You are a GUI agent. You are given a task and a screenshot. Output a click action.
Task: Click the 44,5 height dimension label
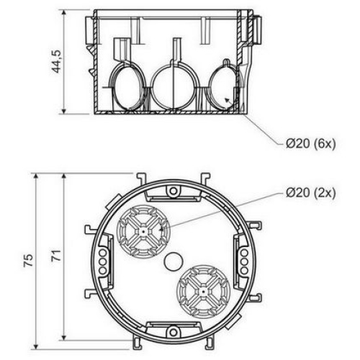pyautogui.click(x=57, y=61)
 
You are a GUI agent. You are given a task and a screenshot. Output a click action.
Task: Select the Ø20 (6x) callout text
pyautogui.click(x=310, y=144)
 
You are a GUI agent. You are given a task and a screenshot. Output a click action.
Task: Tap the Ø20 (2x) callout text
pyautogui.click(x=310, y=192)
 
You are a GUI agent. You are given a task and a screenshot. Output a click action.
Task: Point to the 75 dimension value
pyautogui.click(x=29, y=260)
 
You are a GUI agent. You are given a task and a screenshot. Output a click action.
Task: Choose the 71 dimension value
pyautogui.click(x=57, y=255)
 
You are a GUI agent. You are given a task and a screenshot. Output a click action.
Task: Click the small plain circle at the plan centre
pyautogui.click(x=174, y=261)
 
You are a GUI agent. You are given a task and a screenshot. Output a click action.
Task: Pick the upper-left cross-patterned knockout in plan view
pyautogui.click(x=143, y=232)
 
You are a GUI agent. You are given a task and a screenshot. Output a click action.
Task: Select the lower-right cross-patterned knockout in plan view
pyautogui.click(x=203, y=292)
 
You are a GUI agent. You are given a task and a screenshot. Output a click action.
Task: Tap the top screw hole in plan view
pyautogui.click(x=173, y=192)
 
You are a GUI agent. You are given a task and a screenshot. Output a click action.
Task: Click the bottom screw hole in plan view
pyautogui.click(x=173, y=332)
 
